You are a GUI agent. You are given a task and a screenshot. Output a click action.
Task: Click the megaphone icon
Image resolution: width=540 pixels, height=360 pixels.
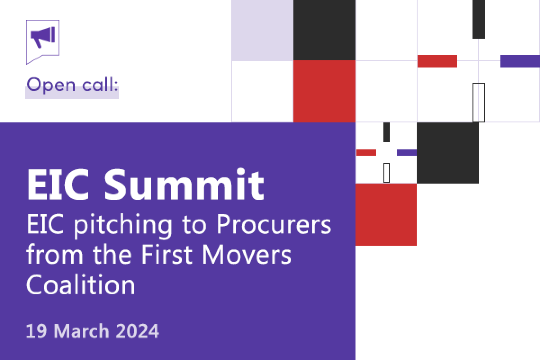tap(43, 37)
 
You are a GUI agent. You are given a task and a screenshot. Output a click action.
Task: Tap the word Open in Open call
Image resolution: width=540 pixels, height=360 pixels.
tap(51, 85)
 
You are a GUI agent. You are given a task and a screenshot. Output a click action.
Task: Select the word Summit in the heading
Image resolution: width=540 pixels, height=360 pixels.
tap(184, 184)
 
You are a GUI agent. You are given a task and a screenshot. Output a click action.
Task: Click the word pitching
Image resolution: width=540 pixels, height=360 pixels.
tap(123, 225)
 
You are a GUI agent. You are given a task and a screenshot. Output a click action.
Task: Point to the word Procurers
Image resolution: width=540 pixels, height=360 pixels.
tap(274, 224)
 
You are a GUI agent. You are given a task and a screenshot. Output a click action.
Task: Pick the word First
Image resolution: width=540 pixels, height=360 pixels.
tap(167, 254)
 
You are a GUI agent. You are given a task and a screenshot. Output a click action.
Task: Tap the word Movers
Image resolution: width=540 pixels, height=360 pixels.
tap(247, 255)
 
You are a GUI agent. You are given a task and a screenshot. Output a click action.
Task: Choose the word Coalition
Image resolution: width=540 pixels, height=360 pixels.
tap(81, 284)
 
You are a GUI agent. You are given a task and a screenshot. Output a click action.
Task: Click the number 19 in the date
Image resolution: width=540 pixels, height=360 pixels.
tap(36, 331)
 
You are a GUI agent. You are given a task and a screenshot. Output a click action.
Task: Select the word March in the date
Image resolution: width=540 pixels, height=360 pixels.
tap(81, 331)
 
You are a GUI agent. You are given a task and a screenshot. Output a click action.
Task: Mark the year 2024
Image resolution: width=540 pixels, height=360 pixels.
tap(138, 331)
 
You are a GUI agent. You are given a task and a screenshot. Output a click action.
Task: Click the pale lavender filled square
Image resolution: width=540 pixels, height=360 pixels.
tap(262, 31)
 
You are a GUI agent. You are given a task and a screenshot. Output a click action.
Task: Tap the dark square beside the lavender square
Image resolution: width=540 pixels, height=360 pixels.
tap(324, 30)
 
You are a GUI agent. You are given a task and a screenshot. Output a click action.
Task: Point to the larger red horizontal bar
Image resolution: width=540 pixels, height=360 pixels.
tap(437, 61)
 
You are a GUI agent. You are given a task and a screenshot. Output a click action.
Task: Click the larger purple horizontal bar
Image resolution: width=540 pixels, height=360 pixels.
tap(520, 61)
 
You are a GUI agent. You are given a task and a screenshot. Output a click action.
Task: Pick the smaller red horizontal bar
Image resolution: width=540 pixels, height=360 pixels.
tap(366, 153)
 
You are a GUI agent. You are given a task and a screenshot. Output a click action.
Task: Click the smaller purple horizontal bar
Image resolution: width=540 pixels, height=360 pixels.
tap(407, 153)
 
